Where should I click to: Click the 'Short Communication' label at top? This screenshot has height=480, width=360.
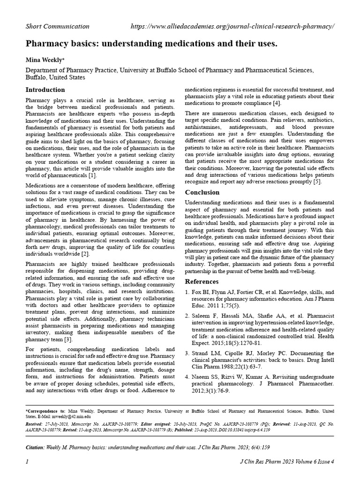tap(57, 26)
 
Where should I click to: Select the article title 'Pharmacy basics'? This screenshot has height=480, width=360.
tap(151, 44)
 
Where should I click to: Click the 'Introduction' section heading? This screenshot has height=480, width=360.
tap(45, 90)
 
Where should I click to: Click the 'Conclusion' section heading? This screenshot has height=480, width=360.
tap(202, 192)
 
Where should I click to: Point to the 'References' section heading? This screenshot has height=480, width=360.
tap(202, 282)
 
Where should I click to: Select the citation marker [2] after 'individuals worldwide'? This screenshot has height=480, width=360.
tap(84, 254)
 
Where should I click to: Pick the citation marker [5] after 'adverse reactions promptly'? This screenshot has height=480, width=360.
tap(317, 181)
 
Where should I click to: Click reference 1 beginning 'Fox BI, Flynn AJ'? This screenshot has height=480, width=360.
tap(262, 298)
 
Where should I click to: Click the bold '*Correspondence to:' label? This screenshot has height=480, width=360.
tap(45, 411)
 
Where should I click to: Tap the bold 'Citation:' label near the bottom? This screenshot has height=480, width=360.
tap(35, 448)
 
